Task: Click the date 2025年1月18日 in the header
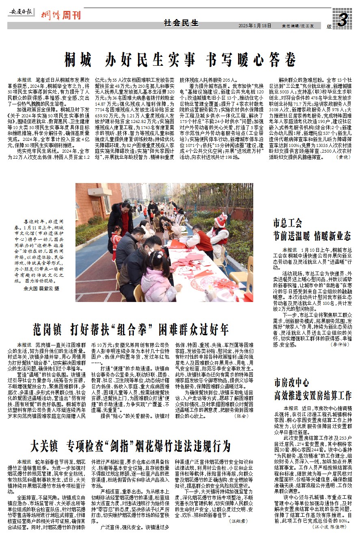coord(254,26)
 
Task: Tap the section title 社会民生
coord(181,23)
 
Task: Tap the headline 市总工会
coord(288,222)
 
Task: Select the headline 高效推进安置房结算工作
coord(312,395)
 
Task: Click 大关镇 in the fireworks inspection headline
coord(44,446)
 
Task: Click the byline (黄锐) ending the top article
coord(343,157)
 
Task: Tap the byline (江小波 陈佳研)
coord(330,527)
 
